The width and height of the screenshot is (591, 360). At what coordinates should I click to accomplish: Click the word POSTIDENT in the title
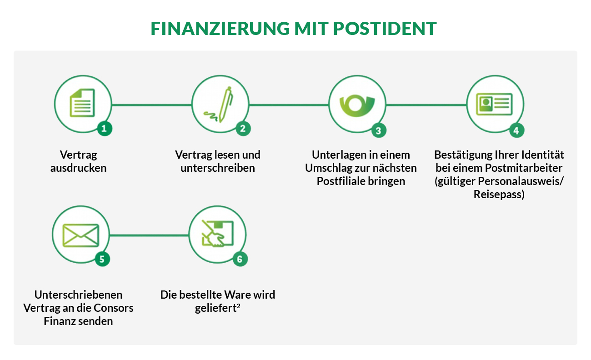385,28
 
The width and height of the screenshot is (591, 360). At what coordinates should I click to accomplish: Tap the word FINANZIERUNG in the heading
220,28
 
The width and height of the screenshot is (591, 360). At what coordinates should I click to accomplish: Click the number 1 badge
105,129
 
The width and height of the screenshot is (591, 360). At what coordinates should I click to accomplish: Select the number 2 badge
243,129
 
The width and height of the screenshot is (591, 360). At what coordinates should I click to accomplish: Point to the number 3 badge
379,130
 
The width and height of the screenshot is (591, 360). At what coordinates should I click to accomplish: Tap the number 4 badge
516,130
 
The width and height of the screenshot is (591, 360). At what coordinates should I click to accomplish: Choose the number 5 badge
102,259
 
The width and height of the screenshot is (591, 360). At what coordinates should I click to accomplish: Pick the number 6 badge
240,259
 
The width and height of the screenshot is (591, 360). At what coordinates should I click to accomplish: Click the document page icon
82,103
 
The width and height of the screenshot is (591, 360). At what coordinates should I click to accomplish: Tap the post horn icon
357,106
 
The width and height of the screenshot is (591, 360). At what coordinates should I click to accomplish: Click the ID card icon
495,104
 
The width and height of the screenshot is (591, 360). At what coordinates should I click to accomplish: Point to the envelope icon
81,235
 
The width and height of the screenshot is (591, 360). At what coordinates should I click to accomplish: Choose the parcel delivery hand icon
218,233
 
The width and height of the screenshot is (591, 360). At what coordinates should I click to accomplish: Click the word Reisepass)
499,195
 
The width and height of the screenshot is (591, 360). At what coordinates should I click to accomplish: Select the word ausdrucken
78,168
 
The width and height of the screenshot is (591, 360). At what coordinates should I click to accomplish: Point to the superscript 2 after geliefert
239,305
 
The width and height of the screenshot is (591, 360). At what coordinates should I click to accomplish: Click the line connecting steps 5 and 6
149,235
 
